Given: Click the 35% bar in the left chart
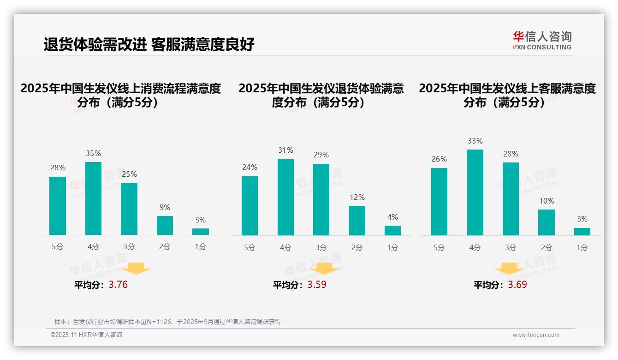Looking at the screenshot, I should pos(93,198).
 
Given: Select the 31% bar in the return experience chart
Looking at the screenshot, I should pos(285,197).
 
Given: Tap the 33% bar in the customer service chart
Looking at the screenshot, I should pos(475,192).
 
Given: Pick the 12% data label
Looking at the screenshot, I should pos(357,198).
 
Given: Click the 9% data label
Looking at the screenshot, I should pos(165,208).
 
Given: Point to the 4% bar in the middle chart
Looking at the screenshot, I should pos(392,230).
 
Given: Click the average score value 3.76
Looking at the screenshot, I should pos(118,285).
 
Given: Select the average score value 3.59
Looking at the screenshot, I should pos(316,285).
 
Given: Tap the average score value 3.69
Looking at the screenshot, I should pos(517,285).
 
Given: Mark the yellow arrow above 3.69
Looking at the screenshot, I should pos(509,268).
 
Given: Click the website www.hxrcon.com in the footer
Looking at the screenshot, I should pos(536,335).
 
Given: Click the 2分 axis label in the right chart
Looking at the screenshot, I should pos(547,248).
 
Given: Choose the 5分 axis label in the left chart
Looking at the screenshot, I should pos(58,247).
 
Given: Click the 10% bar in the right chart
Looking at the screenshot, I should pos(547,222).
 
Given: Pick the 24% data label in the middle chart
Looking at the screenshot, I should pos(250,168).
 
